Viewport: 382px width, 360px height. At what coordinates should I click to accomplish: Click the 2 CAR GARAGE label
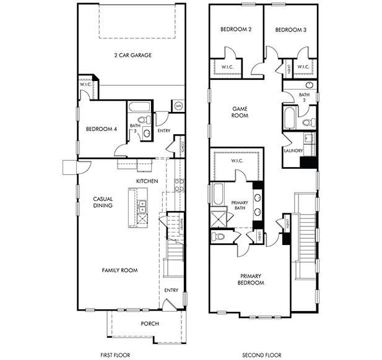(x=132, y=55)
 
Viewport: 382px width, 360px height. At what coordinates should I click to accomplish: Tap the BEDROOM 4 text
(x=100, y=129)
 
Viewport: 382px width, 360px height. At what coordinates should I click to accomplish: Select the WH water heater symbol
(x=178, y=106)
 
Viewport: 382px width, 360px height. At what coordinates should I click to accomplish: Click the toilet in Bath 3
(x=141, y=119)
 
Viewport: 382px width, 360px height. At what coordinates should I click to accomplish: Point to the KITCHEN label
(x=147, y=181)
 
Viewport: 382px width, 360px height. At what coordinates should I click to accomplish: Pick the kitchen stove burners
(x=178, y=183)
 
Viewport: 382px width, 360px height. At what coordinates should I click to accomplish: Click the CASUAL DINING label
(x=102, y=202)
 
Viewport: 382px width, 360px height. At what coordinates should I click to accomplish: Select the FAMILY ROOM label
(x=120, y=270)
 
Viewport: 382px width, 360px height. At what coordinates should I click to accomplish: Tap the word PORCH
(x=149, y=324)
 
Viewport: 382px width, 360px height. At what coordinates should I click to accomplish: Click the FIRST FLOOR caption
(x=116, y=355)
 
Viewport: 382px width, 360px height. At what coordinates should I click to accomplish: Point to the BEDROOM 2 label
(x=235, y=30)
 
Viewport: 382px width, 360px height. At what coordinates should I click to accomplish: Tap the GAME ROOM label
(x=240, y=111)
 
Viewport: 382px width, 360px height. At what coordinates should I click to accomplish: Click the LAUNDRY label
(x=292, y=150)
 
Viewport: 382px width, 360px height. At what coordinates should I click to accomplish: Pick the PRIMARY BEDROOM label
(x=251, y=279)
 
